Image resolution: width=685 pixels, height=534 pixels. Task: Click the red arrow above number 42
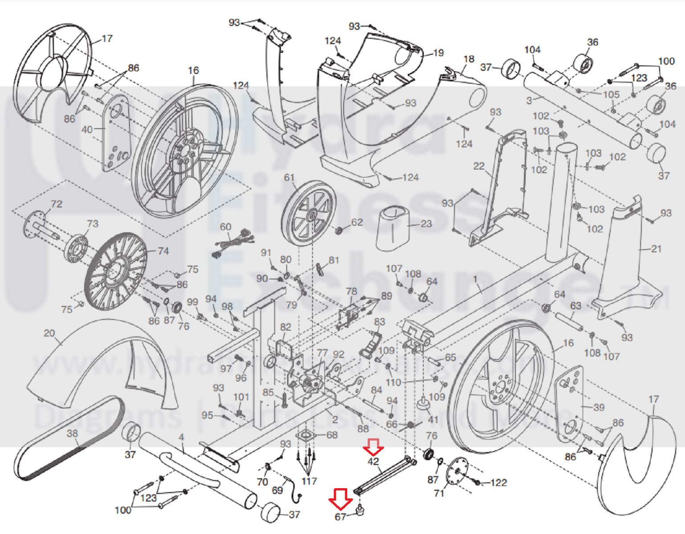373,447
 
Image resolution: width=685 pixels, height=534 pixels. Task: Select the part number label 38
72,433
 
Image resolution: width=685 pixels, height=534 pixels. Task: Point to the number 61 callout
289,178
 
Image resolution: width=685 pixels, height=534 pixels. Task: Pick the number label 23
426,224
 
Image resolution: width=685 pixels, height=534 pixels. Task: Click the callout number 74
163,251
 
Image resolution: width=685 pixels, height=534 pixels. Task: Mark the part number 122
499,482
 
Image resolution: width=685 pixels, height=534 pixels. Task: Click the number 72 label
57,204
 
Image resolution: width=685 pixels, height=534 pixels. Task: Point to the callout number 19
439,53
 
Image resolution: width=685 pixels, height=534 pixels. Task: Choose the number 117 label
309,481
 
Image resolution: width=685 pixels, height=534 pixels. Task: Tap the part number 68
332,435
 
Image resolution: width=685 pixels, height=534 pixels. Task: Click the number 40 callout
87,130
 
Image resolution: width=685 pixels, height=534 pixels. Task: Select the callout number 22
479,166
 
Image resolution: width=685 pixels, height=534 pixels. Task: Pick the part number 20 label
49,333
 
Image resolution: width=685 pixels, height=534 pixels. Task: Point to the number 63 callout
576,306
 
